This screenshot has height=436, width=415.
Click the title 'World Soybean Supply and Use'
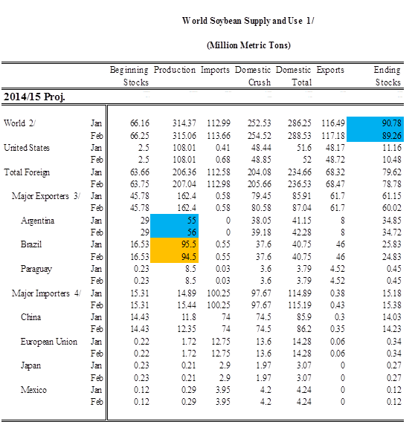242,21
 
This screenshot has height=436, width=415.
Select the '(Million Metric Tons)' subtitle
248,45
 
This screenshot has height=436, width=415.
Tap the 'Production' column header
175,70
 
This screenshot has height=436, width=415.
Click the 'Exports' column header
330,70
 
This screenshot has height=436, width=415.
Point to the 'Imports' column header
215,70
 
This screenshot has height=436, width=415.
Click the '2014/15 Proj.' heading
34,97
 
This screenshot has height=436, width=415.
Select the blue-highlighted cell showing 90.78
375,123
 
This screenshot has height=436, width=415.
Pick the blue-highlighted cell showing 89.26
375,135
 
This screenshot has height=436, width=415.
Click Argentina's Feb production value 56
174,232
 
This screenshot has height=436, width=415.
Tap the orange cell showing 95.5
174,244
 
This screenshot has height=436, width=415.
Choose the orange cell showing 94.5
174,256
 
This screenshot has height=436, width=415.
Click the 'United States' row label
27,148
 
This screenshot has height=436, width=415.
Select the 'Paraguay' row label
36,269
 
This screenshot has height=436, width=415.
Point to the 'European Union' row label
48,342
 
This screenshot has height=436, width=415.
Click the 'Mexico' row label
33,390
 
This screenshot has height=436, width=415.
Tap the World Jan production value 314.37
184,123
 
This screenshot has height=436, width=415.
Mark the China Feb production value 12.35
187,329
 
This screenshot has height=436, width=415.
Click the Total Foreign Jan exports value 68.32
335,172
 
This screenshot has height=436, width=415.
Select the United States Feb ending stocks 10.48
392,160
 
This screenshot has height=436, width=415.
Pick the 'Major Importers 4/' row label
46,293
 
